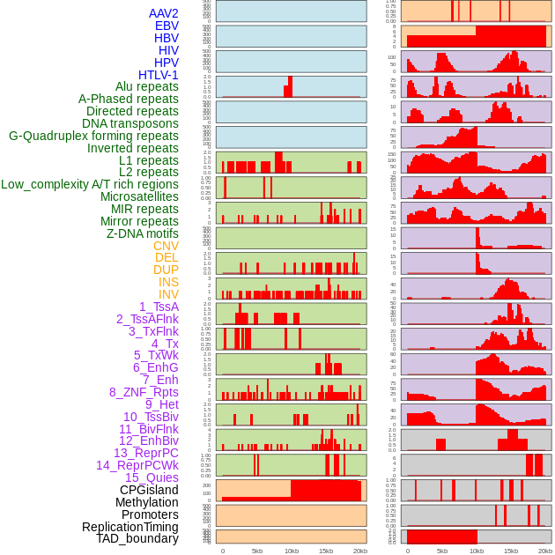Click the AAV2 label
(163, 13)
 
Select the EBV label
(166, 26)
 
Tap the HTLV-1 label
(158, 75)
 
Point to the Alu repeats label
(147, 86)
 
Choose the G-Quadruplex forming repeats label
(93, 136)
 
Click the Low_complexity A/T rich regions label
(90, 184)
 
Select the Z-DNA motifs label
(143, 233)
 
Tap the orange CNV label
(166, 246)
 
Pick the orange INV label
(168, 294)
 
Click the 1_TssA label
(159, 307)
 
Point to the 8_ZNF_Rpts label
(144, 392)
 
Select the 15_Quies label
(152, 477)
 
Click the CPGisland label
(149, 490)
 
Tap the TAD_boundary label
(137, 538)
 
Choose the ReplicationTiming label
(130, 527)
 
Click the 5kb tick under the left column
(257, 551)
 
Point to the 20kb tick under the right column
(545, 551)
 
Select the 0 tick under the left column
(222, 551)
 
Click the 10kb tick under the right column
(477, 551)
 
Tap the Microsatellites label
(139, 196)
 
